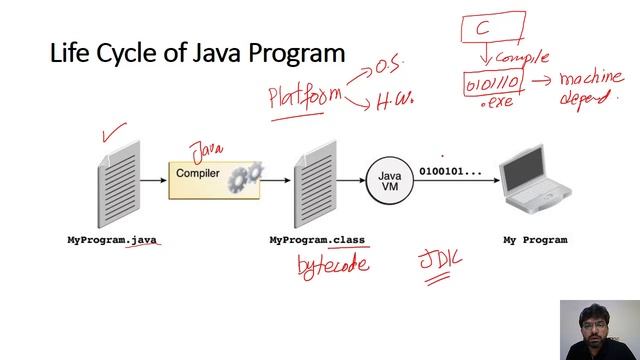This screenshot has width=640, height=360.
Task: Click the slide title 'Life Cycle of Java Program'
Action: coord(197,52)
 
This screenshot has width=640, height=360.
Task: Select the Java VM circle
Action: coord(389,181)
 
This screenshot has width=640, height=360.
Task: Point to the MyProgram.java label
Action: coord(113,240)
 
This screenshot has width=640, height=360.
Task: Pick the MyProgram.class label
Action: coord(317,240)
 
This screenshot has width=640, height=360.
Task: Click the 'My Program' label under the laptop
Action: coord(534,240)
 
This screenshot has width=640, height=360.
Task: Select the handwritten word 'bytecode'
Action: coord(333,264)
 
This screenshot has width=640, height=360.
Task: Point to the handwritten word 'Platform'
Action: coord(304,97)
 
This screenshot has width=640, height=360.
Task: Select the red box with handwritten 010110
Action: coord(492,83)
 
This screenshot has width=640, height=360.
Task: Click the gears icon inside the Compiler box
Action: coord(244,178)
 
